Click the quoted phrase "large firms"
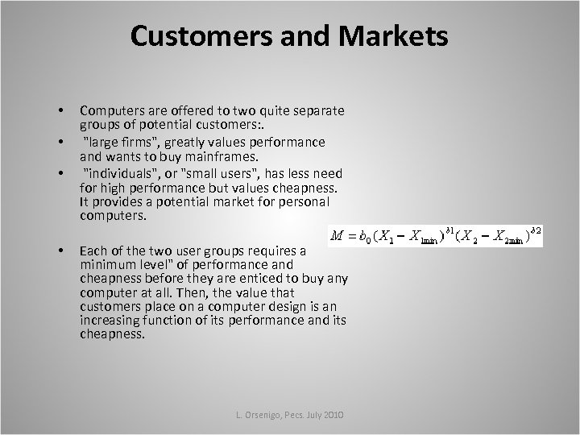(x=118, y=142)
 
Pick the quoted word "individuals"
(x=122, y=174)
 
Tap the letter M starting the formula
(x=338, y=236)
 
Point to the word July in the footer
(x=311, y=413)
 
